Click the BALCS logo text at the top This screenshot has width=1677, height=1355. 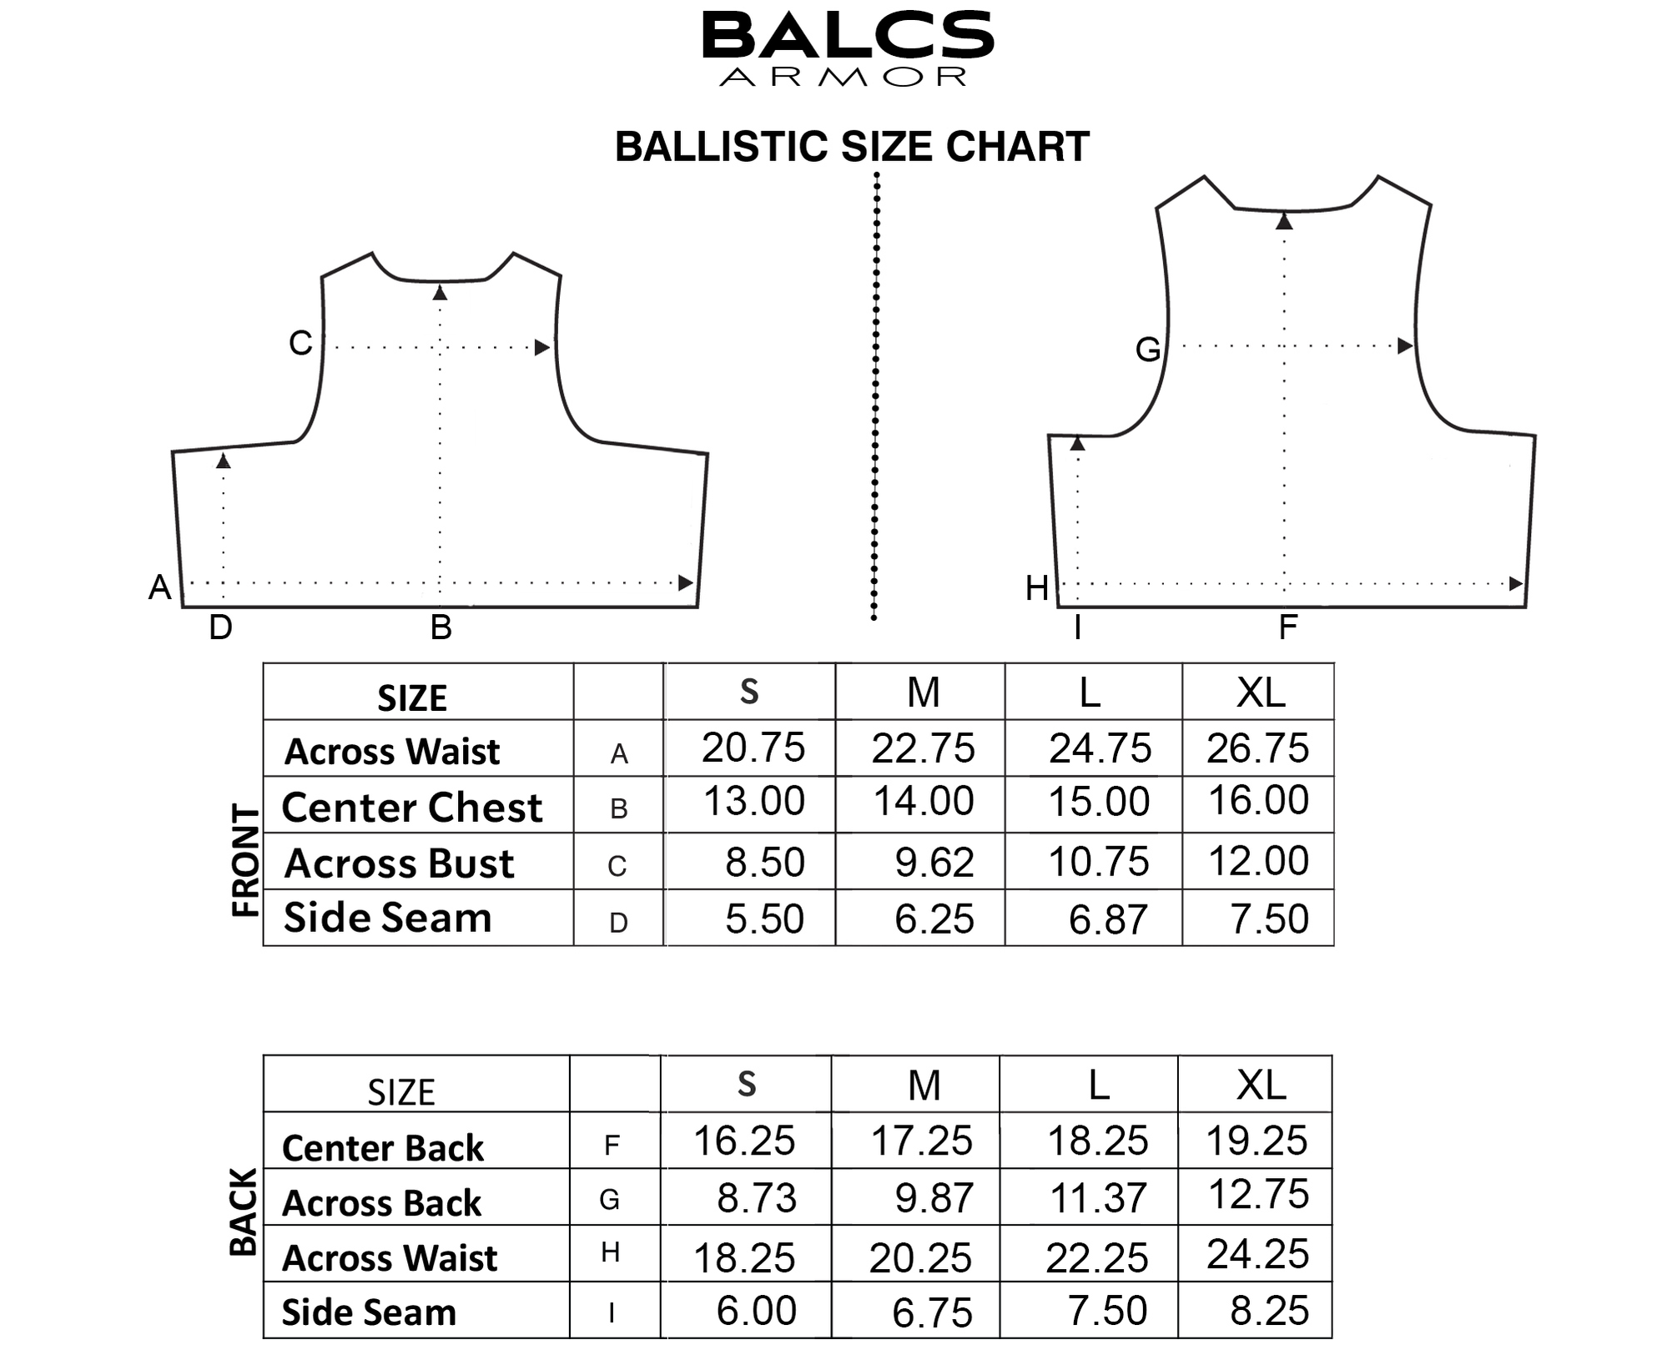848,35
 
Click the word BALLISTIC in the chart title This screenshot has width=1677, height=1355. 722,147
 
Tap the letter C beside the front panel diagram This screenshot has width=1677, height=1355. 300,343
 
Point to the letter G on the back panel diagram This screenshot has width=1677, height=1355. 1148,350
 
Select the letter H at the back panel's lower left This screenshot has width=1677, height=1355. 1037,588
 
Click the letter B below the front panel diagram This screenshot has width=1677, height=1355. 441,627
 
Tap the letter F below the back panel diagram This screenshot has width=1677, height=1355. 1288,627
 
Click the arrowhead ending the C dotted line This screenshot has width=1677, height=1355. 542,347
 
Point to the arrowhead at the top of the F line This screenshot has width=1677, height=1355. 1284,221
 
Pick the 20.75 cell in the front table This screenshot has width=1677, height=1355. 753,748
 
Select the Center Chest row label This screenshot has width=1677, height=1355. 412,808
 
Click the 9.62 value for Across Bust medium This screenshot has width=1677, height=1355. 934,862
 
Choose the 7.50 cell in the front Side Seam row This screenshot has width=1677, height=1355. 1269,919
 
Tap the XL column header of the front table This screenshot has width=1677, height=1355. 1261,693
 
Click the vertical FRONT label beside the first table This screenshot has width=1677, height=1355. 245,861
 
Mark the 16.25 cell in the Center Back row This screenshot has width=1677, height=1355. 744,1141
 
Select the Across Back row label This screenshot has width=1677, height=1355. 382,1203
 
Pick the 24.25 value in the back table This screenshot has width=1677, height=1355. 1257,1254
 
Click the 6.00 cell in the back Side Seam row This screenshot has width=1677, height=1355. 756,1311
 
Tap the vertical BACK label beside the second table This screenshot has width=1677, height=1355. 244,1212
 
